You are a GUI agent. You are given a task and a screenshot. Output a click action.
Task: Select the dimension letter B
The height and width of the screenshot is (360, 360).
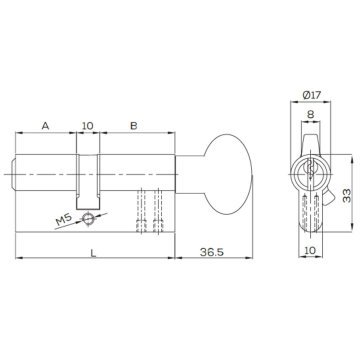(x=133, y=125)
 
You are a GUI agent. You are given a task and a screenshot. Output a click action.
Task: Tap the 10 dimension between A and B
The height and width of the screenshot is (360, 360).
(x=87, y=125)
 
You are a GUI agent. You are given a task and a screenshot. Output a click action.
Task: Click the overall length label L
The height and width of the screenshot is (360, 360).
(x=93, y=254)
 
